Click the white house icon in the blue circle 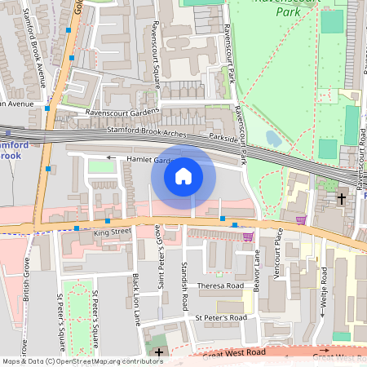[183, 175]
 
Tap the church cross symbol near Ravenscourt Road [342, 198]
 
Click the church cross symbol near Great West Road [158, 352]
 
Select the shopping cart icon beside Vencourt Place [301, 219]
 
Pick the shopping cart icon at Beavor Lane [247, 237]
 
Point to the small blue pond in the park [273, 139]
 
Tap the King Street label [112, 232]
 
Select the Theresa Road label [220, 286]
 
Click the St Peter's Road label [220, 317]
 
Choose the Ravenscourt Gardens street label [123, 113]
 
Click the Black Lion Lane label [137, 300]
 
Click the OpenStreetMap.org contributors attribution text [108, 360]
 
